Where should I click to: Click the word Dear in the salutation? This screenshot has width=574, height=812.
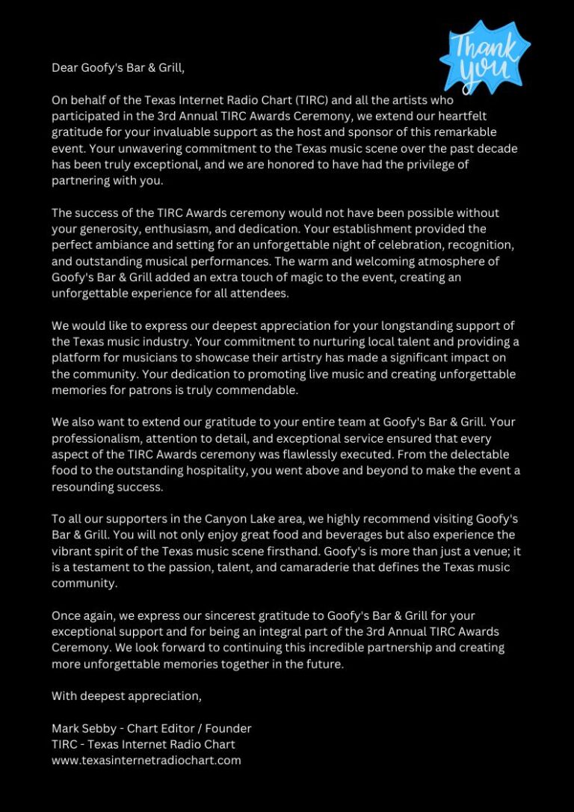[x=64, y=68]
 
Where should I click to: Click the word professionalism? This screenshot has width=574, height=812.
[x=100, y=439]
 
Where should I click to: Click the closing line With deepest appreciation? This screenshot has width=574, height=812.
[x=126, y=696]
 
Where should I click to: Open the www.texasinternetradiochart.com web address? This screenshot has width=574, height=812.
[x=146, y=760]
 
